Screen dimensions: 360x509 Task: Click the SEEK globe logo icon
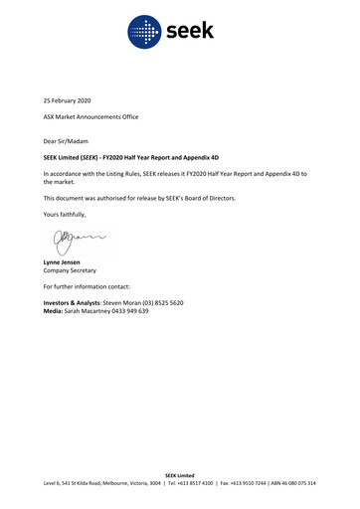click(144, 32)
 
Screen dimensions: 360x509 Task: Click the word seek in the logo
click(189, 32)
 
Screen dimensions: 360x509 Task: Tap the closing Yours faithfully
click(65, 215)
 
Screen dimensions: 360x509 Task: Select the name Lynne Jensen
click(62, 261)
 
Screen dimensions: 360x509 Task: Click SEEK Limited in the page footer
click(179, 475)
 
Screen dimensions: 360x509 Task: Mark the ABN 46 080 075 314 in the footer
click(291, 483)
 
